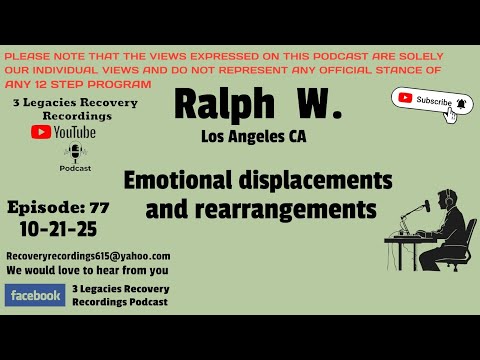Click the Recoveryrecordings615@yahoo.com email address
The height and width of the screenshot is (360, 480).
88,256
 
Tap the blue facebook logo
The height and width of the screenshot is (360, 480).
35,295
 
